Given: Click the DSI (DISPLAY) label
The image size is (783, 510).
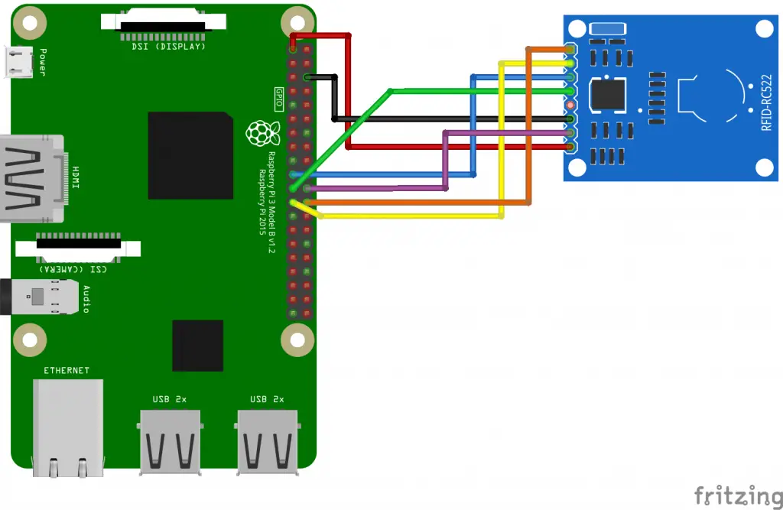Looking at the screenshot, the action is [x=168, y=47].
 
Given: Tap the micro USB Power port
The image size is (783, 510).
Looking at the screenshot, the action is [x=18, y=61].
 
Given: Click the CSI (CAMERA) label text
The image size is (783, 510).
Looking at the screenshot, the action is [x=73, y=269].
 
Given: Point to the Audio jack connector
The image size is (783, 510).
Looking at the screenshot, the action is [x=40, y=297].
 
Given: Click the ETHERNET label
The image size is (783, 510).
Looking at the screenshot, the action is [x=67, y=370].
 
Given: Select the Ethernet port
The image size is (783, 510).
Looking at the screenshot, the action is [x=68, y=427].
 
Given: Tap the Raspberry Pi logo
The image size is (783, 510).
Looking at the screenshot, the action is [x=263, y=133].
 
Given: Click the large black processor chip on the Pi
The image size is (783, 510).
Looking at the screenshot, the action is [x=190, y=155].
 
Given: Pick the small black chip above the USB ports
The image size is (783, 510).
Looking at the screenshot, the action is [x=198, y=346].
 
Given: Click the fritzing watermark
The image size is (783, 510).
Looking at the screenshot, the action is [x=738, y=495].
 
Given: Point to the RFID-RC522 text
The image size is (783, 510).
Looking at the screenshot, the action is [x=766, y=103].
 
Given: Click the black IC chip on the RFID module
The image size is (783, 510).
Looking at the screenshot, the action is [x=607, y=94].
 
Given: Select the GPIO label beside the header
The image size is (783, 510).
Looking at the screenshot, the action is [x=279, y=99].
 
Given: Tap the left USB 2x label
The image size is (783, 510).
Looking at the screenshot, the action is [x=169, y=399].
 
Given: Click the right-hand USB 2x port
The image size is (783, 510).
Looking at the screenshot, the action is [x=268, y=442].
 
